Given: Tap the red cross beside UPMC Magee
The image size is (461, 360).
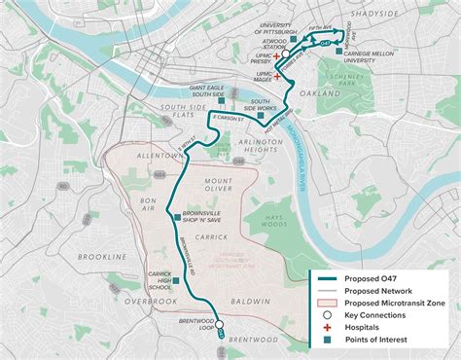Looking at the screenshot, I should click(277, 75).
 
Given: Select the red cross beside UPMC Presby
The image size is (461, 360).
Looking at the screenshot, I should click(277, 56).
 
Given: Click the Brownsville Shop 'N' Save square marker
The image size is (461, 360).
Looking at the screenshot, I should click(175, 218).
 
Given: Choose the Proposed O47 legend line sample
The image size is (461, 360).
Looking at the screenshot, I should click(327, 279).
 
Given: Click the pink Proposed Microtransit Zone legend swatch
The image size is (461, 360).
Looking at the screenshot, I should click(327, 303).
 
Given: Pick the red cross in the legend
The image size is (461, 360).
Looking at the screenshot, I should click(327, 327).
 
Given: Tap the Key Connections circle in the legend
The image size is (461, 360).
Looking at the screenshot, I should click(327, 314).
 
